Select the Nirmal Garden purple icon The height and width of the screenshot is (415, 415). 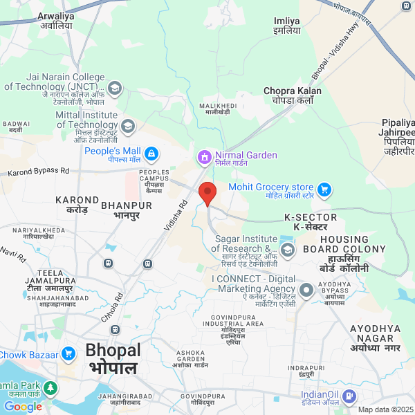(x=204, y=156)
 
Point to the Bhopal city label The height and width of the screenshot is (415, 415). (x=113, y=358)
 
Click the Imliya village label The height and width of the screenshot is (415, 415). (x=286, y=26)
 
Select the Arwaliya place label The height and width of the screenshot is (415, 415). (x=55, y=20)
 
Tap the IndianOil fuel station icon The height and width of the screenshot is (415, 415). (x=350, y=396)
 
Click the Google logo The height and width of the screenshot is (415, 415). (x=23, y=407)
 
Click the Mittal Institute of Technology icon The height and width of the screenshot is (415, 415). (x=128, y=126)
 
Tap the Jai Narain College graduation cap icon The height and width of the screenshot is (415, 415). (x=115, y=88)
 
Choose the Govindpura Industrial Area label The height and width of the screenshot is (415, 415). (x=233, y=328)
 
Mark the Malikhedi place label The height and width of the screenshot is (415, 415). (x=218, y=109)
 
